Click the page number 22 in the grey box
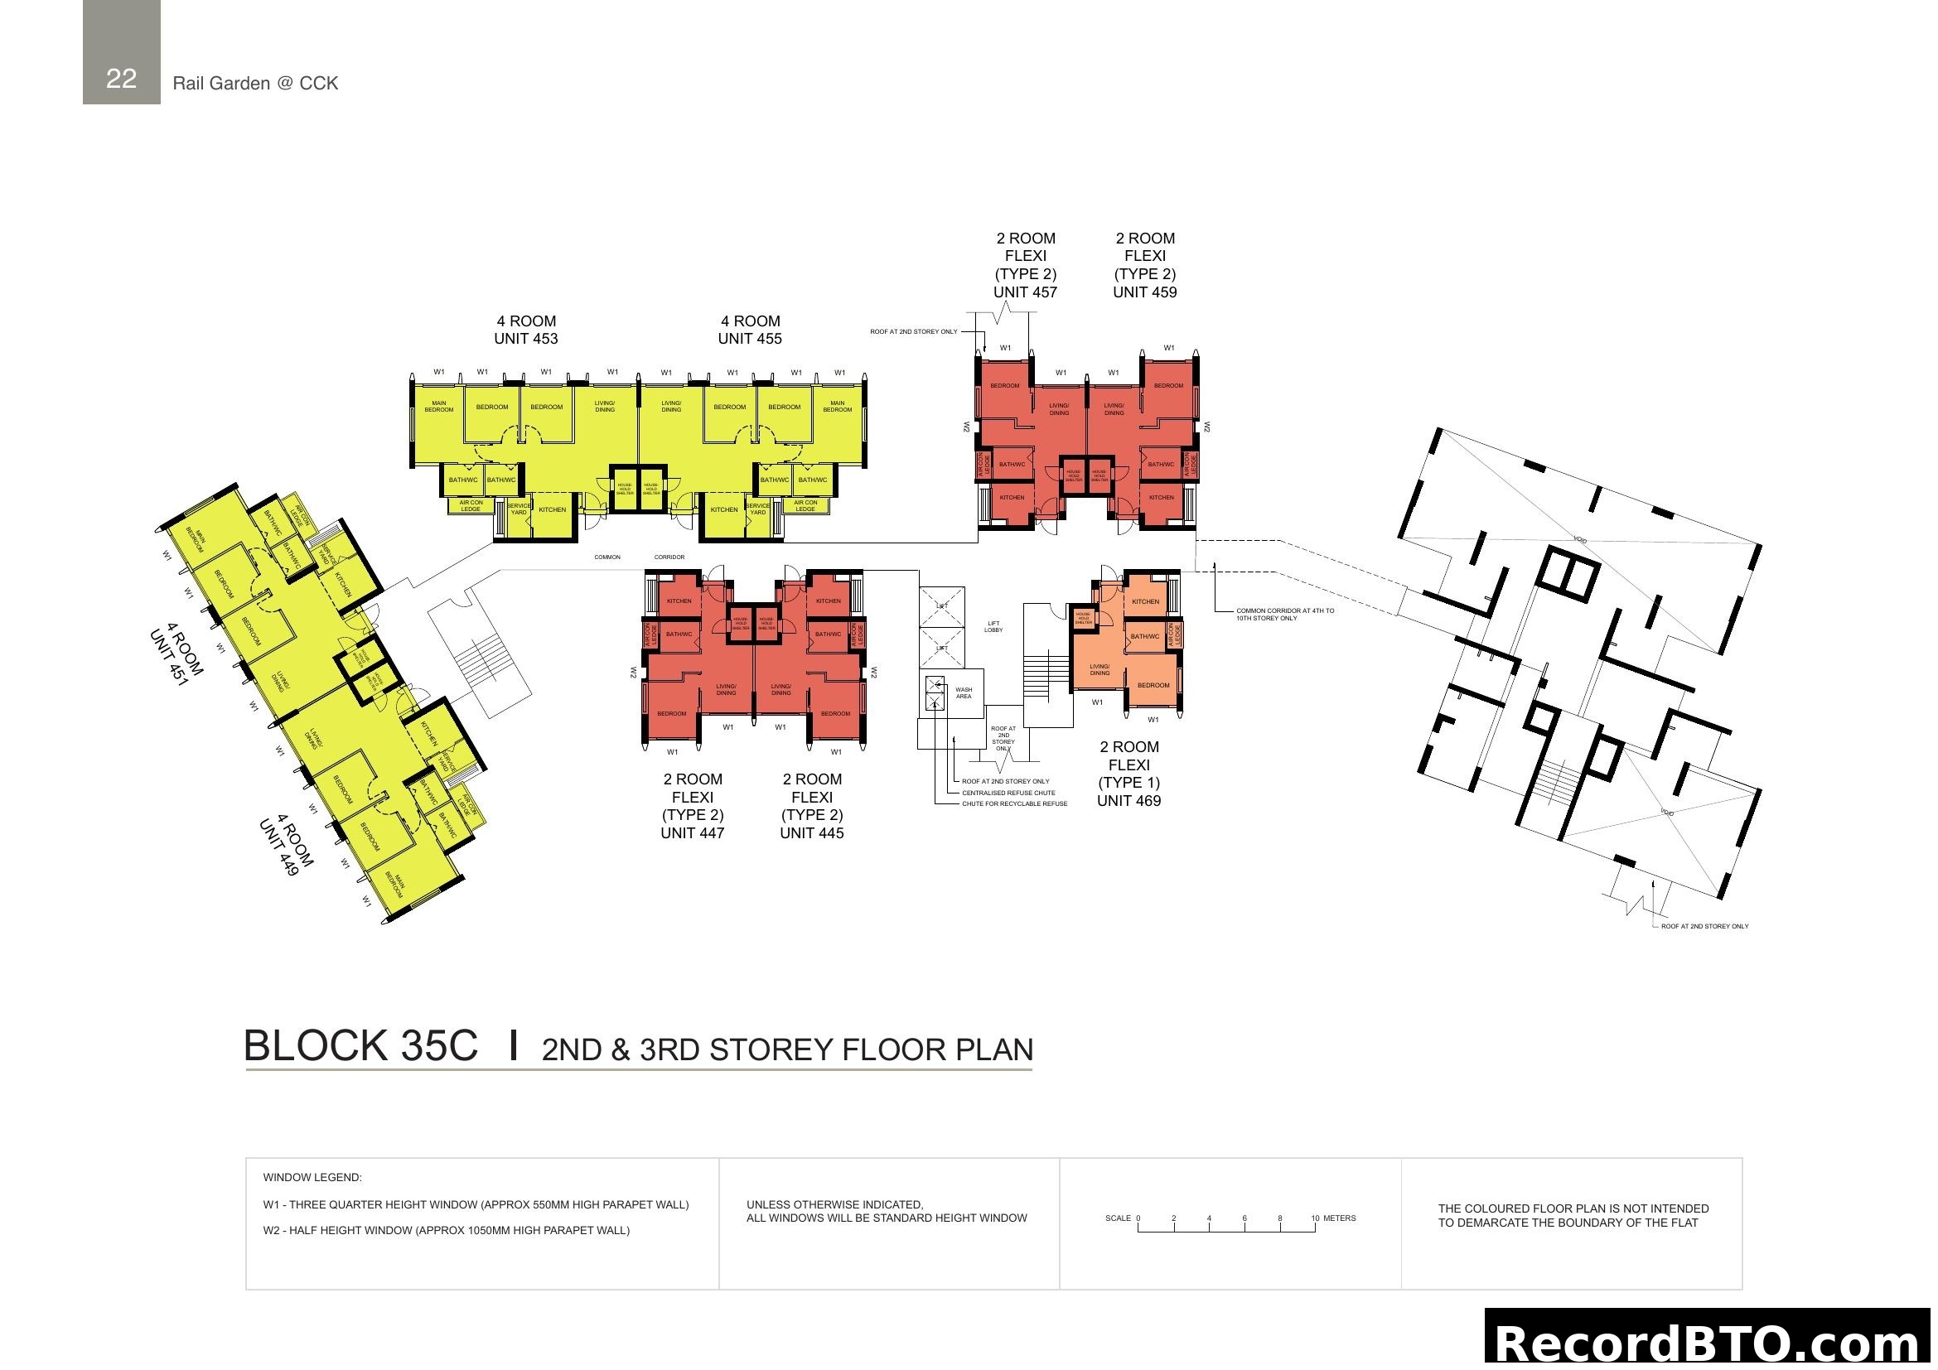click(x=121, y=79)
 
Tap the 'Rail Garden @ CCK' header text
click(x=255, y=83)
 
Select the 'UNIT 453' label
click(x=526, y=339)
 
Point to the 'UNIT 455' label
click(x=750, y=339)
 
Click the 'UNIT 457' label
click(x=1025, y=292)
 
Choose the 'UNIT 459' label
click(x=1144, y=292)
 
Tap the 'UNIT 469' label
click(x=1128, y=802)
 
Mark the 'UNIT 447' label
click(x=692, y=833)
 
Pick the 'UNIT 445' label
click(x=811, y=833)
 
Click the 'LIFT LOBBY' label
click(x=993, y=627)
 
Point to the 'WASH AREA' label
click(x=964, y=692)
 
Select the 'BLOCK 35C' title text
click(x=360, y=1046)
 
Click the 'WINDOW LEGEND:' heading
click(x=312, y=1178)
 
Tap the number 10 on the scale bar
click(x=1315, y=1218)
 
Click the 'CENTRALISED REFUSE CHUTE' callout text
click(x=1008, y=793)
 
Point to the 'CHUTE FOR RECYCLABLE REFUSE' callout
click(x=1015, y=804)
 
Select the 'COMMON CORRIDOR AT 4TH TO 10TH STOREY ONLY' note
click(x=1285, y=614)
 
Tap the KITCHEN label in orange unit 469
click(x=1145, y=601)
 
